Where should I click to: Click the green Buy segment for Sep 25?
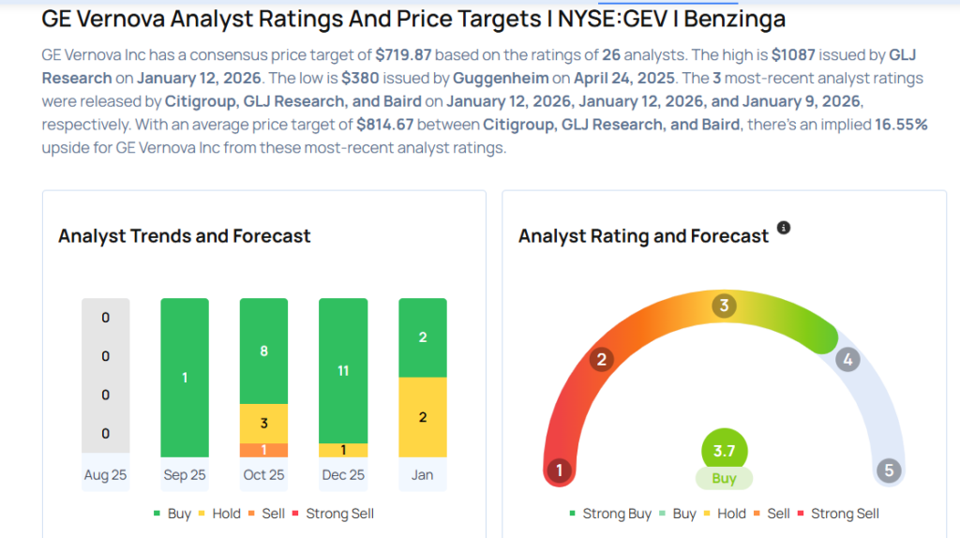point(185,378)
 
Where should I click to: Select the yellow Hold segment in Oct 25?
point(263,424)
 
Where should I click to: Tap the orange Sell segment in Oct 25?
point(263,450)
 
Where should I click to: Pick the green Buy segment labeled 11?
point(343,370)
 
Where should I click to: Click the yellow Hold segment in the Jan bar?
point(422,417)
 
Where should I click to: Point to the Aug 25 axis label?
point(105,475)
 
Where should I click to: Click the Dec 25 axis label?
point(343,475)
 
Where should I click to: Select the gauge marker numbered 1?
point(560,470)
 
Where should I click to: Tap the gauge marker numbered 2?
point(602,360)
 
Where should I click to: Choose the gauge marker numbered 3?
point(724,306)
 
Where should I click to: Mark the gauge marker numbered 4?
point(847,359)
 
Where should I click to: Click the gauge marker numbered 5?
point(889,470)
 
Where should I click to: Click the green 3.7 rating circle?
point(724,451)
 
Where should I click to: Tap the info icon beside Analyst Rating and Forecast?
point(784,228)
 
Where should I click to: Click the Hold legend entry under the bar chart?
point(217,514)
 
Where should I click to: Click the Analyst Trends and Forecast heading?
point(185,236)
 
